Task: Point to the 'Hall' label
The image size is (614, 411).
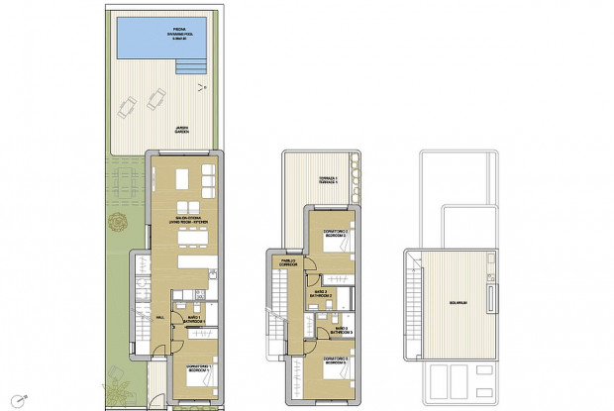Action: (x=158, y=316)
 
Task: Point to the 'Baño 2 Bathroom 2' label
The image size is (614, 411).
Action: (x=321, y=293)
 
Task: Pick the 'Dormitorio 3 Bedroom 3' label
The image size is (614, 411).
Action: (x=336, y=362)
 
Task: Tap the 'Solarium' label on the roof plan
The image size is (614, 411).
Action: (x=457, y=303)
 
